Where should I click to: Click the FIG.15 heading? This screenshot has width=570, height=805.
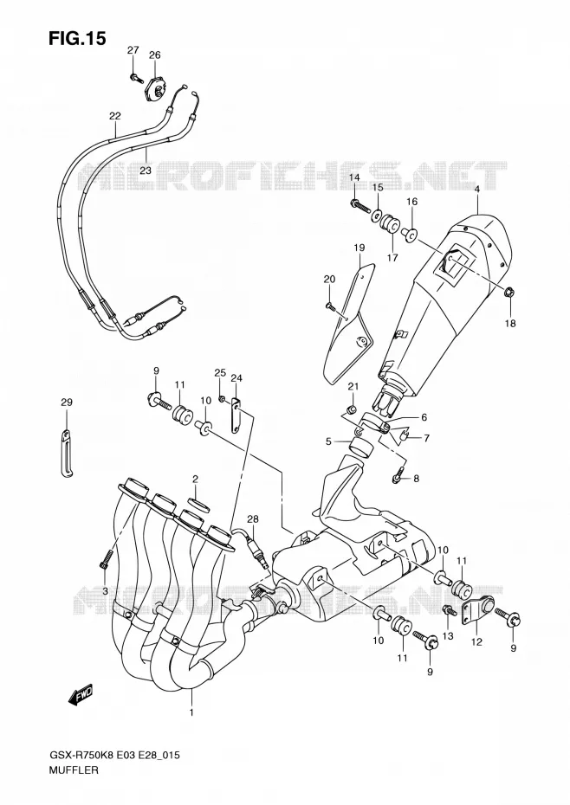click(x=77, y=37)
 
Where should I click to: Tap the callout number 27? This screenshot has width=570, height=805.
click(x=133, y=50)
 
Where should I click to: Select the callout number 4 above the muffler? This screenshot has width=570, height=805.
click(x=477, y=189)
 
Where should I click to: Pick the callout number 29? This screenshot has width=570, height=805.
click(x=67, y=402)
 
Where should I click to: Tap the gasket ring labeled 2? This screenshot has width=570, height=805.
click(x=195, y=504)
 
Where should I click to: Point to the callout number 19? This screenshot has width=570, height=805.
click(x=359, y=248)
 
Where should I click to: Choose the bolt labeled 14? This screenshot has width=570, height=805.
click(x=361, y=207)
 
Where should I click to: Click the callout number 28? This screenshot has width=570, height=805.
click(x=252, y=519)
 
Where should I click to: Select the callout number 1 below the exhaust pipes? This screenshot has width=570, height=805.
click(x=191, y=713)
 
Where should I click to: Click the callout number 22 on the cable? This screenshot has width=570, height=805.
click(x=114, y=115)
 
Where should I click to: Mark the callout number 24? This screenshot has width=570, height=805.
click(x=236, y=378)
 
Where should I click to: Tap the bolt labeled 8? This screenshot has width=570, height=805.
click(x=398, y=476)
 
